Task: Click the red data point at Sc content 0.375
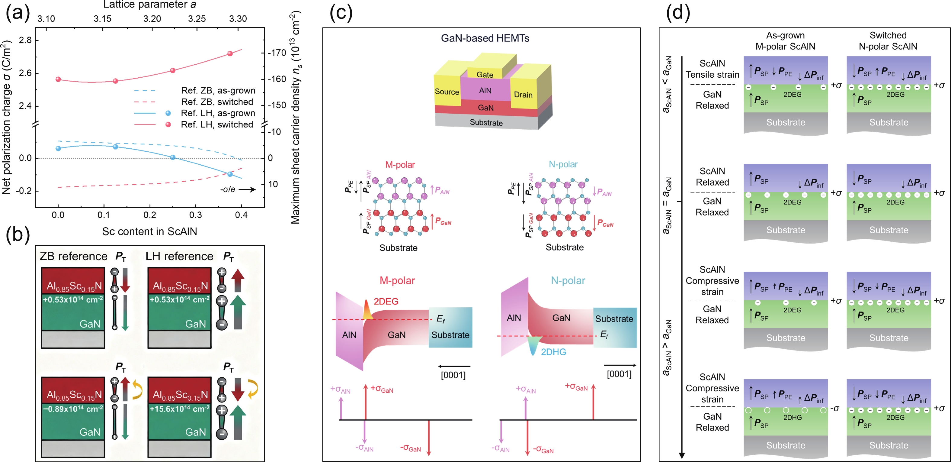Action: point(230,53)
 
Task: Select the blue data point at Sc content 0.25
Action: point(173,157)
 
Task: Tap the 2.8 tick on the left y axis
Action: point(25,40)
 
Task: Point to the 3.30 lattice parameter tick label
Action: point(238,18)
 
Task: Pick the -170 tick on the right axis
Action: point(277,53)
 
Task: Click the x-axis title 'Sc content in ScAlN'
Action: point(149,231)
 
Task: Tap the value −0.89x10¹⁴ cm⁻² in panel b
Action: point(73,409)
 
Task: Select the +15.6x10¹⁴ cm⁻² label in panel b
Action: point(179,409)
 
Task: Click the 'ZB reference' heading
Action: point(73,256)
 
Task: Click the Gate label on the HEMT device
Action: point(485,75)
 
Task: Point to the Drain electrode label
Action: point(523,95)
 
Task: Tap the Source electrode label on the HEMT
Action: point(447,92)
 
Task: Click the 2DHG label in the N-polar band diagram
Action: point(553,352)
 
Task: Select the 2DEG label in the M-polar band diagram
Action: point(386,301)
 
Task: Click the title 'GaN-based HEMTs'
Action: point(485,38)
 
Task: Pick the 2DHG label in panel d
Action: point(792,417)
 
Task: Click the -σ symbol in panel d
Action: point(835,409)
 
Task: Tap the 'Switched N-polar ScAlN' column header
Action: point(888,41)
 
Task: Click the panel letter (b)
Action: point(17,235)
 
